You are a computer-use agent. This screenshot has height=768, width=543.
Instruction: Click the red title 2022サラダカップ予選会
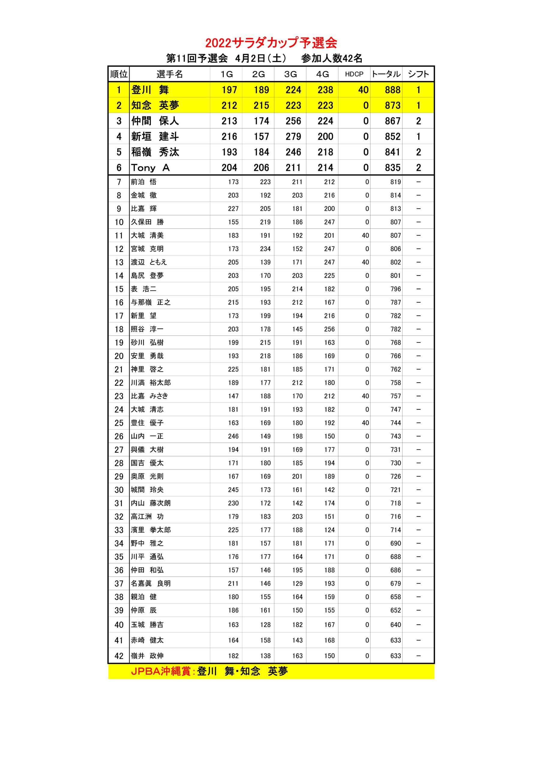(x=271, y=43)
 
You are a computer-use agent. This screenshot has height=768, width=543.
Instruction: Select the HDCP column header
(x=354, y=74)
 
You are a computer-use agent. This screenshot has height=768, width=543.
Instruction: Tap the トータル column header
(x=386, y=74)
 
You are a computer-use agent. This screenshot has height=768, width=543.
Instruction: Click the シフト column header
(x=418, y=74)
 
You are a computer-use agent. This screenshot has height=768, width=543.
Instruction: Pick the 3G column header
(x=290, y=74)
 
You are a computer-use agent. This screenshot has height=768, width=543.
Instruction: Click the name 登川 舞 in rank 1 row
(x=150, y=90)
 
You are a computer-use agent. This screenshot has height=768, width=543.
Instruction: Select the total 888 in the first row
(x=392, y=90)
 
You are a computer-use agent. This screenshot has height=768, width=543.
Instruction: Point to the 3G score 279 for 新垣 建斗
(x=293, y=136)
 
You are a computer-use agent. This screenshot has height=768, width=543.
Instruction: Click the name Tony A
(x=150, y=168)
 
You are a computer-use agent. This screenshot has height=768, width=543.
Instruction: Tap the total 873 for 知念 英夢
(x=392, y=105)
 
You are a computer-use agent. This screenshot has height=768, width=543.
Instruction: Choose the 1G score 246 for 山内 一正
(x=233, y=436)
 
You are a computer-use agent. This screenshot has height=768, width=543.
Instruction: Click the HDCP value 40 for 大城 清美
(x=365, y=235)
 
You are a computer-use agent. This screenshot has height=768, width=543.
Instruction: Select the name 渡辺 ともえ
(x=148, y=262)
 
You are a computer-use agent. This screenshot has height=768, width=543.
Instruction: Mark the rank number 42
(x=119, y=656)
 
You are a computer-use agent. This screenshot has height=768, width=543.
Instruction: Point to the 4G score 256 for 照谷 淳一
(x=329, y=329)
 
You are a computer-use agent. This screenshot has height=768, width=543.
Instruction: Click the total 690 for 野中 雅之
(x=395, y=543)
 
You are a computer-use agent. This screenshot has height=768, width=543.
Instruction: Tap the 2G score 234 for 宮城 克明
(x=265, y=249)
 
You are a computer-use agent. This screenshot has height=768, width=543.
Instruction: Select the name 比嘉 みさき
(x=149, y=396)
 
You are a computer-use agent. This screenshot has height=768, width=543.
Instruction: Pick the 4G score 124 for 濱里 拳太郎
(x=329, y=530)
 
